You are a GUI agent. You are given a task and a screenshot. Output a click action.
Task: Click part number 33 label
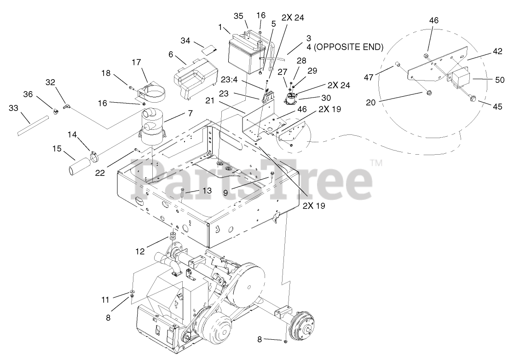[x=13, y=109]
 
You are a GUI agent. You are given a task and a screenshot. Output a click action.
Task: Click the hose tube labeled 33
[x=32, y=125]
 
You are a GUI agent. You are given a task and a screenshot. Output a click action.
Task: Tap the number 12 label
[x=140, y=251]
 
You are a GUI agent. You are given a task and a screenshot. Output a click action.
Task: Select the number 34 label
[x=185, y=41]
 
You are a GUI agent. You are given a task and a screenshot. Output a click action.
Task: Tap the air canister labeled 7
[x=151, y=130]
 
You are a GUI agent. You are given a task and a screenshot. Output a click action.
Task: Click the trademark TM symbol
[x=376, y=163]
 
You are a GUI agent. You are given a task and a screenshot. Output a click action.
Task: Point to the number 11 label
[x=105, y=300]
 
